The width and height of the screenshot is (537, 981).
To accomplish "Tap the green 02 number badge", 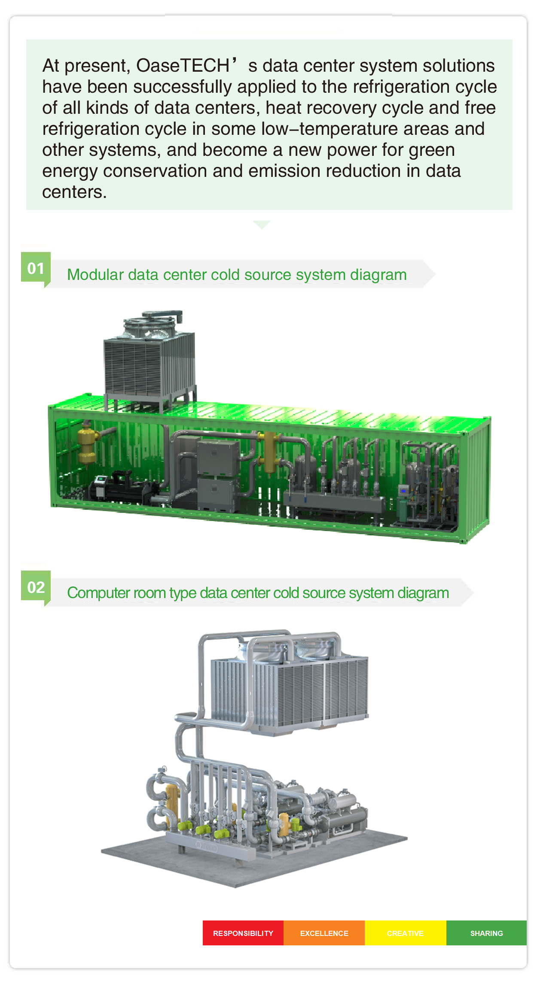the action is (x=36, y=587).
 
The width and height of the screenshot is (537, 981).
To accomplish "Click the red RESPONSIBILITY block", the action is (x=243, y=933).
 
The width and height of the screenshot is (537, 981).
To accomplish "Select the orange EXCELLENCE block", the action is (x=324, y=933).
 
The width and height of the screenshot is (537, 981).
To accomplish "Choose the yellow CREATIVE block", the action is (x=406, y=933).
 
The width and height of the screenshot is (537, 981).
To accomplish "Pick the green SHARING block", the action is (x=486, y=933).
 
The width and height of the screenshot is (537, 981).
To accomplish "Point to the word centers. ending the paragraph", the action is (x=74, y=192).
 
